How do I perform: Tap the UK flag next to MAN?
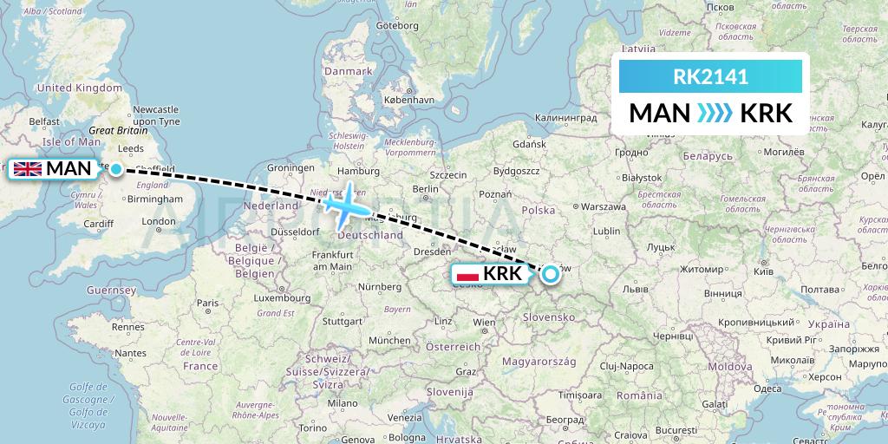(x=28, y=168)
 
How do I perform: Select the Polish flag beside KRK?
(x=467, y=275)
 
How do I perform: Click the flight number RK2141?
(x=710, y=77)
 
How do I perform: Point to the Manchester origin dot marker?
(x=115, y=169)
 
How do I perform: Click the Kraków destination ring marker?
(x=550, y=276)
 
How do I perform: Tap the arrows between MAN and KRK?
(x=715, y=114)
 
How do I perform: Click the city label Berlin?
(x=426, y=188)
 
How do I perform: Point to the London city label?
(x=159, y=221)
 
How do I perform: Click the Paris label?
(x=206, y=303)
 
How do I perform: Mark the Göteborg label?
(x=397, y=26)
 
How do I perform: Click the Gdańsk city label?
(x=528, y=144)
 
